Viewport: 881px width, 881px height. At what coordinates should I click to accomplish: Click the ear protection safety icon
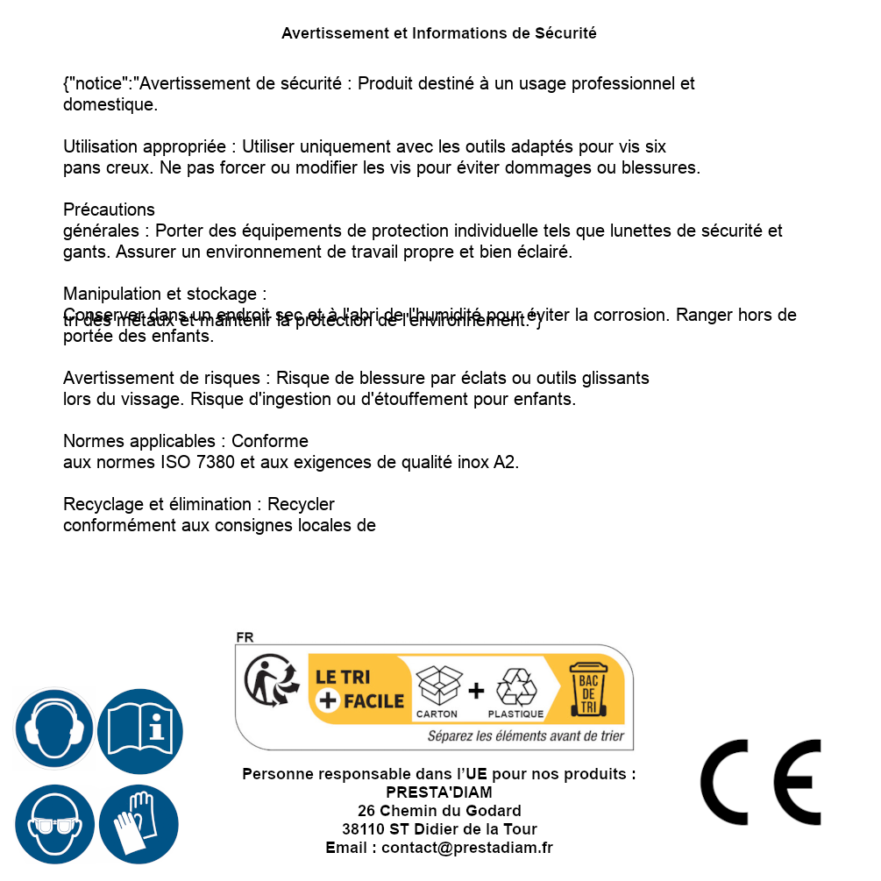53,729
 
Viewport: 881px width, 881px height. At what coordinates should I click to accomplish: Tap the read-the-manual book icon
140,729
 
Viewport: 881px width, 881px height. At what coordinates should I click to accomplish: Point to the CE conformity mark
761,782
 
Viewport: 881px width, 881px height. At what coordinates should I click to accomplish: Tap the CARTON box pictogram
437,687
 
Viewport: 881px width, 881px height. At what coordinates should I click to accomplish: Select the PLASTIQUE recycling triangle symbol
516,687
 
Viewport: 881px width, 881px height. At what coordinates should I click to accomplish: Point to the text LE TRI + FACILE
359,689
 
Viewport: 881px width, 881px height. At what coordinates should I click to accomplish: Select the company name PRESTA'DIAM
439,792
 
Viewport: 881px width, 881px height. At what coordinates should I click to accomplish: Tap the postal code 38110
362,829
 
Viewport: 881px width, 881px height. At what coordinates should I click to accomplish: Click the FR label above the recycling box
245,637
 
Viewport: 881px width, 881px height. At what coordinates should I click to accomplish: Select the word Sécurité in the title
565,33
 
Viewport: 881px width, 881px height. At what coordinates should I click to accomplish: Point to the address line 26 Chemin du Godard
439,811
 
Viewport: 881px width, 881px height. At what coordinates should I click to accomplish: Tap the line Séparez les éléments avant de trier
525,736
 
